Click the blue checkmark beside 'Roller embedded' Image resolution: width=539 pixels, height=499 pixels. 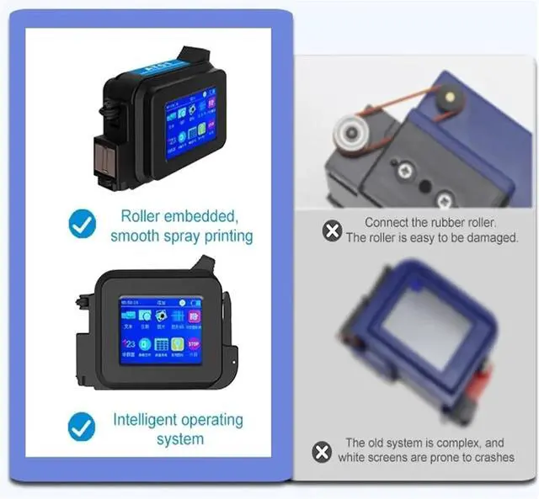tap(82, 225)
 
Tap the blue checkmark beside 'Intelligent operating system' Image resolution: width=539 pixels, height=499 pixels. tap(82, 427)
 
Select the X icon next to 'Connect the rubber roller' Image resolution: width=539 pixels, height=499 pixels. tap(333, 230)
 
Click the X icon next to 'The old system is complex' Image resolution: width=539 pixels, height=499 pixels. tap(322, 452)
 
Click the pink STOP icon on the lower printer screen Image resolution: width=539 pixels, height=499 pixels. tap(194, 343)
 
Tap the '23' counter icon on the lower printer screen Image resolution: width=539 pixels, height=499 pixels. tap(130, 344)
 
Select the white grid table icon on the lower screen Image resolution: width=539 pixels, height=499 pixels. tap(161, 344)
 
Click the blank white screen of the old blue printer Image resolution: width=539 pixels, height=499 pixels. tap(426, 324)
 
